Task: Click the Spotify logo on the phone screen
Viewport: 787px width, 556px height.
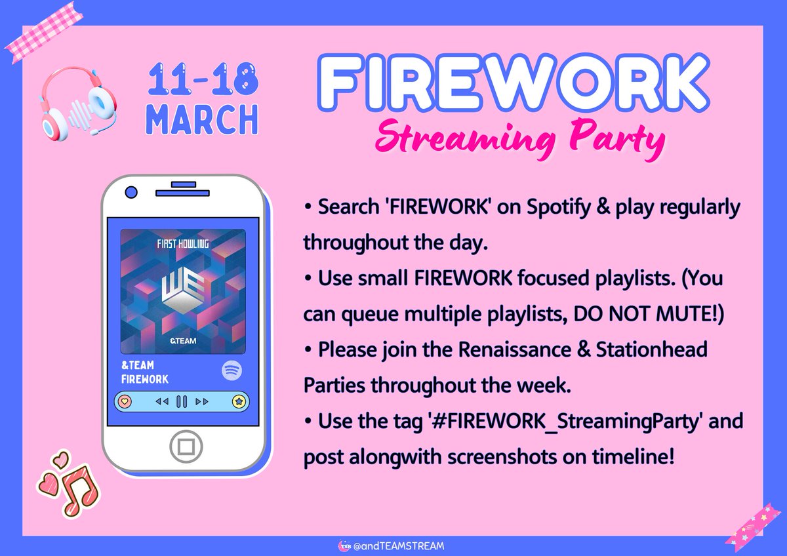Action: coord(232,370)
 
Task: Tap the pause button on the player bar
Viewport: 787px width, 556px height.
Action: coord(182,401)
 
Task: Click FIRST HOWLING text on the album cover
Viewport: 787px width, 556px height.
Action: coord(183,244)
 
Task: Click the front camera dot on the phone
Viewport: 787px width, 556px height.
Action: coord(131,193)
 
